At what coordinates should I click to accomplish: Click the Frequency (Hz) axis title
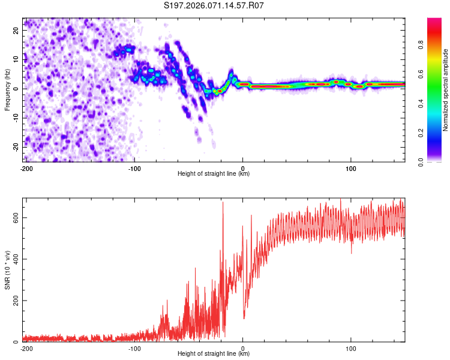(7, 89)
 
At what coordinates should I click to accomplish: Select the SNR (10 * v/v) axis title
(7, 269)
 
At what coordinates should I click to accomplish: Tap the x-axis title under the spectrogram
(214, 173)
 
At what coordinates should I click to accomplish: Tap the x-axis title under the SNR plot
(214, 353)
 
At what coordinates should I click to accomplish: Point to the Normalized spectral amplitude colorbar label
(446, 89)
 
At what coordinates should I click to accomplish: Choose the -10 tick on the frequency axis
(15, 117)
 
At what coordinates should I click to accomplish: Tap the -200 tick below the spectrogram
(26, 167)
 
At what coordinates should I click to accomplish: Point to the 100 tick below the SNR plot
(351, 347)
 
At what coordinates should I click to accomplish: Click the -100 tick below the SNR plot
(134, 347)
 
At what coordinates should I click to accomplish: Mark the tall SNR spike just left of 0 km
(223, 203)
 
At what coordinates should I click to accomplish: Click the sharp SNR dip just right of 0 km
(244, 318)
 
